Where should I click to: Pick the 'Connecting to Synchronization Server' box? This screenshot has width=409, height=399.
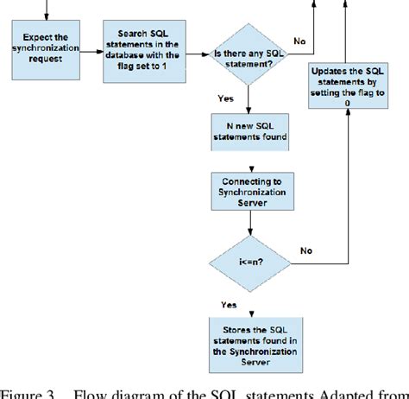click(249, 191)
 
